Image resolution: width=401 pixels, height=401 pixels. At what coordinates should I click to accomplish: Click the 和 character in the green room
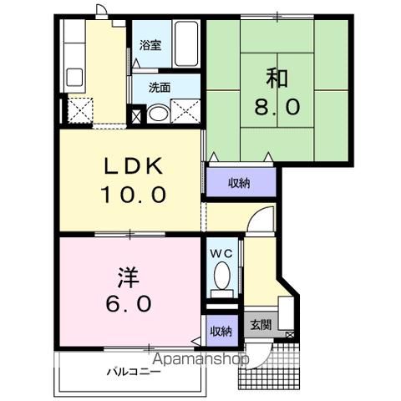[x=278, y=78]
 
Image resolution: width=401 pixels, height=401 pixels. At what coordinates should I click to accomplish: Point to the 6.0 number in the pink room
[x=128, y=304]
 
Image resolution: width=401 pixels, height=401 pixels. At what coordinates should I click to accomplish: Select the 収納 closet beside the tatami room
[x=240, y=182]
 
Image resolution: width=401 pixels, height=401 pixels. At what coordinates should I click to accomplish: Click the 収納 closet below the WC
[x=220, y=332]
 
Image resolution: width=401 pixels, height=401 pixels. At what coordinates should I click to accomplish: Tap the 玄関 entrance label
[x=260, y=323]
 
